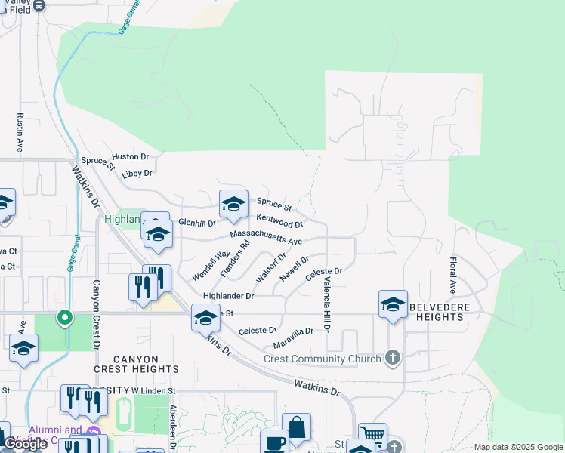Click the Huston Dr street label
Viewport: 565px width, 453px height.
(x=131, y=156)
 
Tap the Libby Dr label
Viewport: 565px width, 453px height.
(x=137, y=173)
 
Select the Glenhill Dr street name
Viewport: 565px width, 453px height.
(x=197, y=223)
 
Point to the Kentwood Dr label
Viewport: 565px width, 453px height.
(x=279, y=220)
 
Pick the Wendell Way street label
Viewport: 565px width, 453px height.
(x=211, y=266)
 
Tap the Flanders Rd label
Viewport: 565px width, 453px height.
(x=236, y=257)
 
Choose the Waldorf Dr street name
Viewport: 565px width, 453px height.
(x=270, y=268)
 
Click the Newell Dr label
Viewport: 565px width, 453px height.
(x=295, y=269)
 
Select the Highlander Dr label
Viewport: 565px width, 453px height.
(x=228, y=296)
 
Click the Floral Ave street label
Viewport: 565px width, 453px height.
(x=453, y=276)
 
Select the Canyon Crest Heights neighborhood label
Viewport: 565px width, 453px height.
(x=137, y=364)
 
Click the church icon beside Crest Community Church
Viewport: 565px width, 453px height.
(x=392, y=358)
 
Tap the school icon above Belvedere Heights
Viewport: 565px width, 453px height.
(x=393, y=304)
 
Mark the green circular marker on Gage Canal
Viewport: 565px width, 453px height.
(x=65, y=318)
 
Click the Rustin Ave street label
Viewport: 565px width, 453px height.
(x=20, y=132)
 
